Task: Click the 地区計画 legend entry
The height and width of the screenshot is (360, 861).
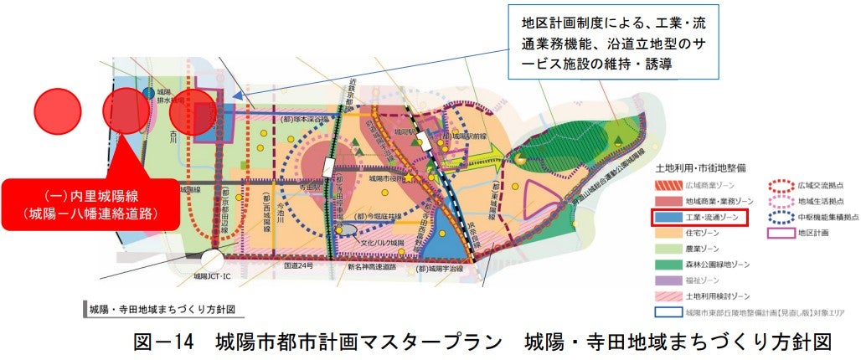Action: click(x=807, y=234)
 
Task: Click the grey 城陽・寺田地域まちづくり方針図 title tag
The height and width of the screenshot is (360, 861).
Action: click(x=158, y=309)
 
